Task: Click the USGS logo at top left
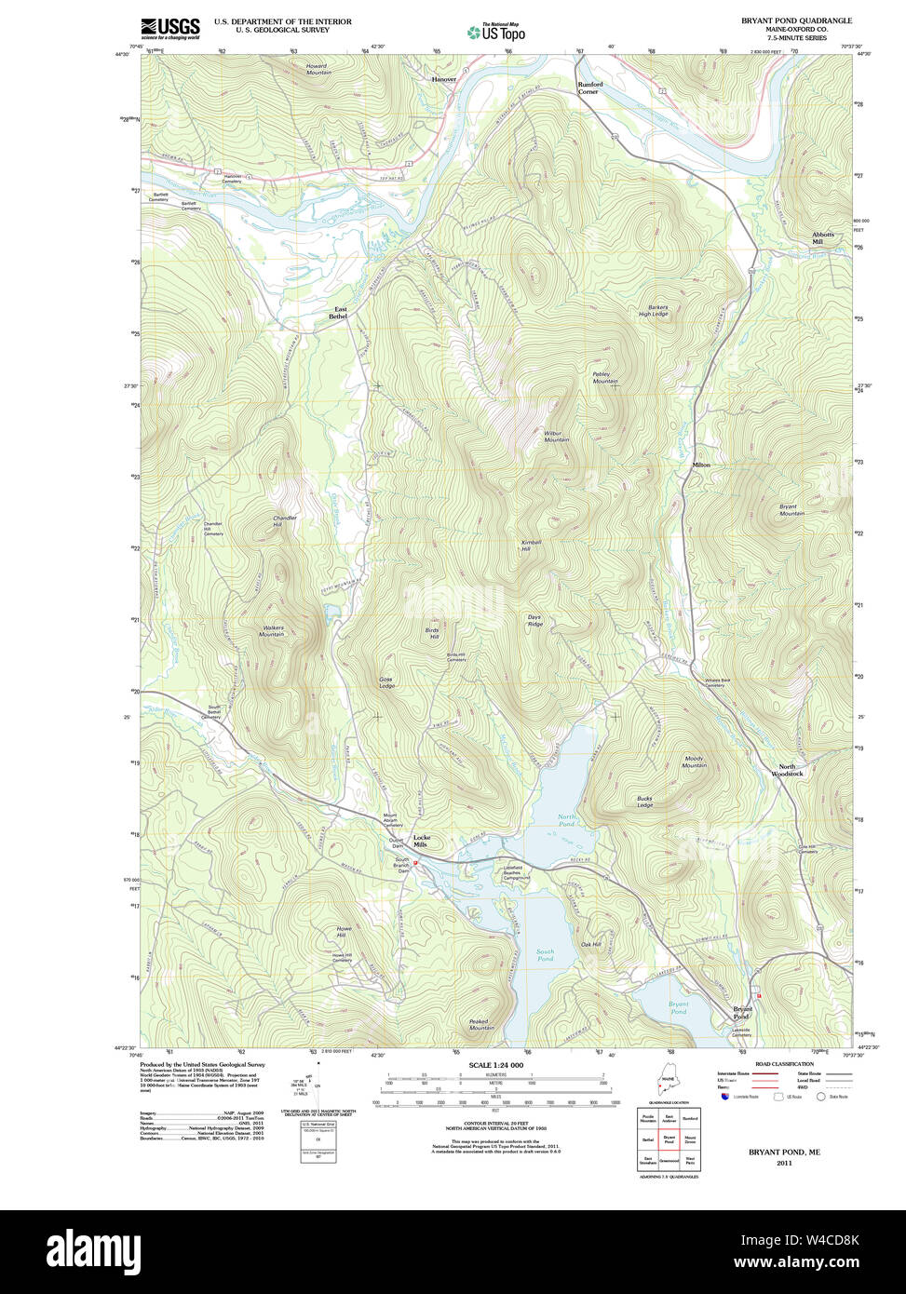click(170, 28)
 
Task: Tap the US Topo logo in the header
click(496, 33)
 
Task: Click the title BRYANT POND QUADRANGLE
click(796, 20)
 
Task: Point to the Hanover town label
click(444, 80)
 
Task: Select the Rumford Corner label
click(589, 88)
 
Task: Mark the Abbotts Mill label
click(822, 237)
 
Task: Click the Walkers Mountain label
click(273, 630)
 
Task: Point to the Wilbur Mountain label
click(557, 436)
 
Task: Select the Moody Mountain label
click(694, 762)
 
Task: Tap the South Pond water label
click(545, 954)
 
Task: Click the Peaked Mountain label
click(481, 1024)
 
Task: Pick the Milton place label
click(700, 465)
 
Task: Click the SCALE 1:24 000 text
click(495, 1065)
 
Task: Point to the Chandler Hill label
click(285, 520)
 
